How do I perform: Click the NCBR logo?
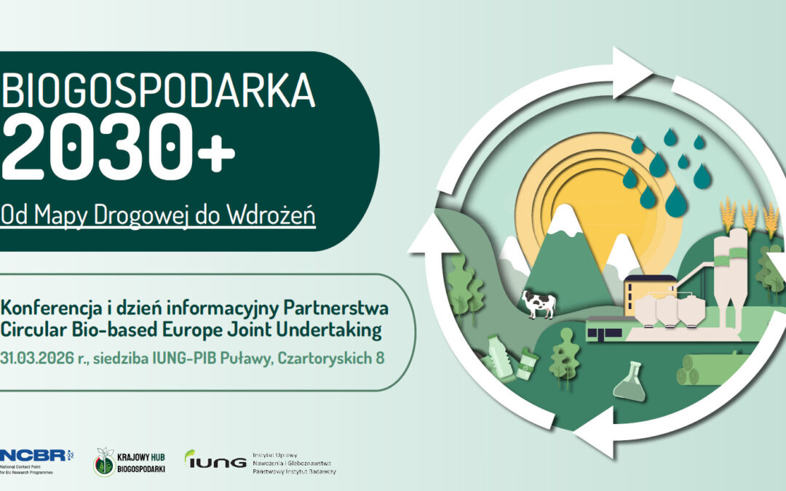[33, 455]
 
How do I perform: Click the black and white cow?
[539, 303]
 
